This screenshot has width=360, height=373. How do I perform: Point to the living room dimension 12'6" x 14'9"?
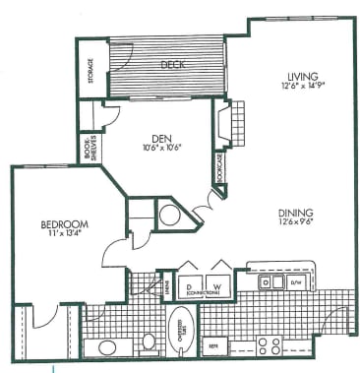[299, 86]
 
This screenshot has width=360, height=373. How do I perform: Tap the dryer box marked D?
[188, 284]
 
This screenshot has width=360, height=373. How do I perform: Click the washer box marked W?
[218, 284]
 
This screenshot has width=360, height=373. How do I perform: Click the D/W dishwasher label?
[298, 282]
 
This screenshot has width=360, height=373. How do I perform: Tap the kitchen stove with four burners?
[270, 344]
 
